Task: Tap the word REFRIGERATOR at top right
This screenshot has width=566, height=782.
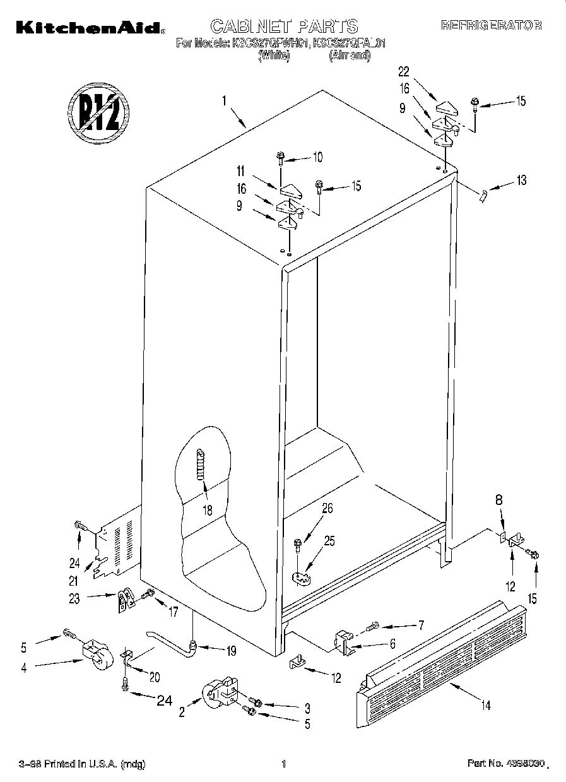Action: tap(491, 26)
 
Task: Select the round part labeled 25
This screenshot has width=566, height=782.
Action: tap(304, 576)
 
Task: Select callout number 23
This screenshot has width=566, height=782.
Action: tap(74, 598)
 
